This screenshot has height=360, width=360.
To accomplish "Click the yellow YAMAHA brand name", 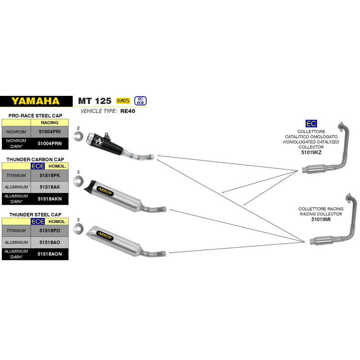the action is point(36,101).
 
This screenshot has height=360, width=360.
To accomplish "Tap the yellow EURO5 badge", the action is point(123,101).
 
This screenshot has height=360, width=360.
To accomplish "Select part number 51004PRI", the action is point(49,131).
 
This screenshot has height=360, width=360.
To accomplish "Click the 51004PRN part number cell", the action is point(49,144).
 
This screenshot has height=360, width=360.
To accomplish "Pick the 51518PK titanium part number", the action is point(49,175).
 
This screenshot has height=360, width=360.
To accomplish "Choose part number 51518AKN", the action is point(49,199).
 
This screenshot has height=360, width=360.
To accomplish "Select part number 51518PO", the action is point(49,230).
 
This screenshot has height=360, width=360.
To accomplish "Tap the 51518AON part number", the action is point(49,254).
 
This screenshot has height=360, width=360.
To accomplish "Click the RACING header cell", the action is point(49,122).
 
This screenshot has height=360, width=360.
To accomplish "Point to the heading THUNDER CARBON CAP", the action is point(36,159).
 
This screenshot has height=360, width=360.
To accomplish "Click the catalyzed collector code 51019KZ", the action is point(311,153).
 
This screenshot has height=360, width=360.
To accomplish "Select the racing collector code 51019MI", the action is point(321,219).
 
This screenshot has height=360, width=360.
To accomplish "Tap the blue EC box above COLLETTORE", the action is point(311,123).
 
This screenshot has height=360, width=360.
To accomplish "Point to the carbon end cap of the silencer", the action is point(89,185).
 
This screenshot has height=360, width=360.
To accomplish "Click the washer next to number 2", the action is point(78,136).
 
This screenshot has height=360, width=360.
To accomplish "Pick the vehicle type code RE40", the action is point(128,111).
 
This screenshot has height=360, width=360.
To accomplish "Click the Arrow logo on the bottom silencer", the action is point(105,236).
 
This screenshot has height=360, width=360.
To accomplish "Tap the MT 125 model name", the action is point(94,101).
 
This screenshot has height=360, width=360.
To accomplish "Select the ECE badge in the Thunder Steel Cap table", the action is point(38,221).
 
